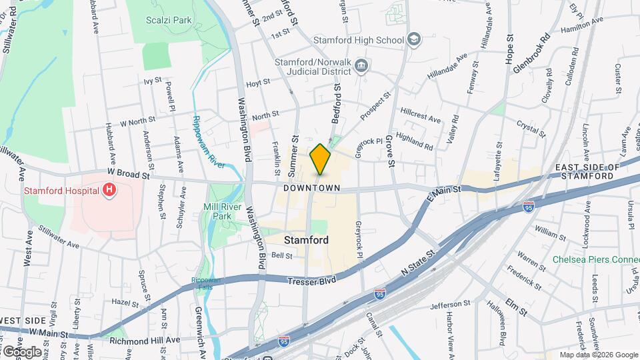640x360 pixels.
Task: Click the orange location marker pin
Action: (320, 159)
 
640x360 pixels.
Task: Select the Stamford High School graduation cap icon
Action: (415, 40)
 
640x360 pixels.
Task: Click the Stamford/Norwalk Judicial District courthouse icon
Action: (361, 65)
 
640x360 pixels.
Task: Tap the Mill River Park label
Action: (217, 211)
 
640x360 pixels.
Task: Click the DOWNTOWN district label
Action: (312, 189)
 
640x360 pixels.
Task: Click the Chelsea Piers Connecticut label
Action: (595, 259)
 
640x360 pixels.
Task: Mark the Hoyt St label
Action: (257, 83)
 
